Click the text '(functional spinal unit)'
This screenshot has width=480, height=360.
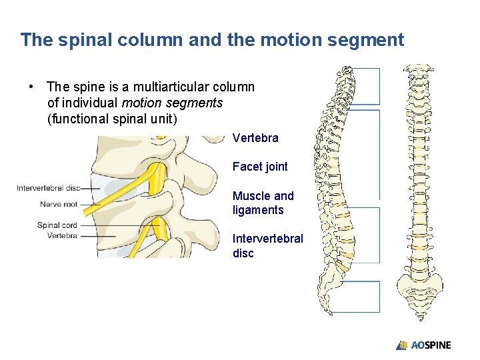pyautogui.click(x=112, y=119)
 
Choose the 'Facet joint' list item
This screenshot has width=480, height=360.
pyautogui.click(x=260, y=167)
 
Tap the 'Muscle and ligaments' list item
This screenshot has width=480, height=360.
pyautogui.click(x=263, y=203)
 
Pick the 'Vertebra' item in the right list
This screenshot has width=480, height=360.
pyautogui.click(x=255, y=138)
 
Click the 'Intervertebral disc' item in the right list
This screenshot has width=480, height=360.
pyautogui.click(x=267, y=245)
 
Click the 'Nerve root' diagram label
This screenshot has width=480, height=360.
pyautogui.click(x=59, y=204)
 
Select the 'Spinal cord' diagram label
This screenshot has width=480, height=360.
pyautogui.click(x=57, y=225)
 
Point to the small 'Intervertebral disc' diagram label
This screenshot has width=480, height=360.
pyautogui.click(x=58, y=188)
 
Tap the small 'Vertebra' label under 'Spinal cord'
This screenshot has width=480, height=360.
pyautogui.click(x=62, y=235)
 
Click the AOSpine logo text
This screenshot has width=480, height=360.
pyautogui.click(x=430, y=345)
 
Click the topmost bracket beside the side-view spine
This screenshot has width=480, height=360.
pyautogui.click(x=366, y=85)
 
